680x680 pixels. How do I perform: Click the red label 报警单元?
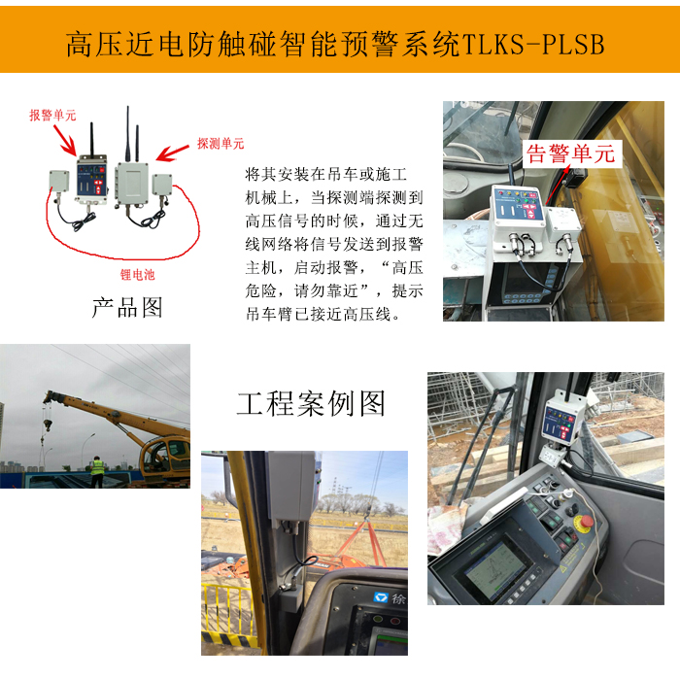(52, 116)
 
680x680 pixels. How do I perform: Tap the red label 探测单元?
(221, 144)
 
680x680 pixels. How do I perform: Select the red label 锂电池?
(137, 275)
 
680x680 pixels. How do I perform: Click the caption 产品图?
(127, 308)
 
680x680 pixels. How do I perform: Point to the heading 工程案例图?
(311, 403)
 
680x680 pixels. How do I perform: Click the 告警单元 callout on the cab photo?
(571, 153)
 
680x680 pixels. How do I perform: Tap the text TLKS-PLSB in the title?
(533, 45)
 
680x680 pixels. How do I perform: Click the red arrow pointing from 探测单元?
(173, 153)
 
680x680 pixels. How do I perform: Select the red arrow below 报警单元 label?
(65, 140)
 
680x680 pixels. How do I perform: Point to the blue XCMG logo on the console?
(381, 598)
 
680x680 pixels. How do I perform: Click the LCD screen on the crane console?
(494, 569)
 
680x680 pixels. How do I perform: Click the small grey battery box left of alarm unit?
(59, 181)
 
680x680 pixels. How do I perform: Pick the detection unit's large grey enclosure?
(132, 183)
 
